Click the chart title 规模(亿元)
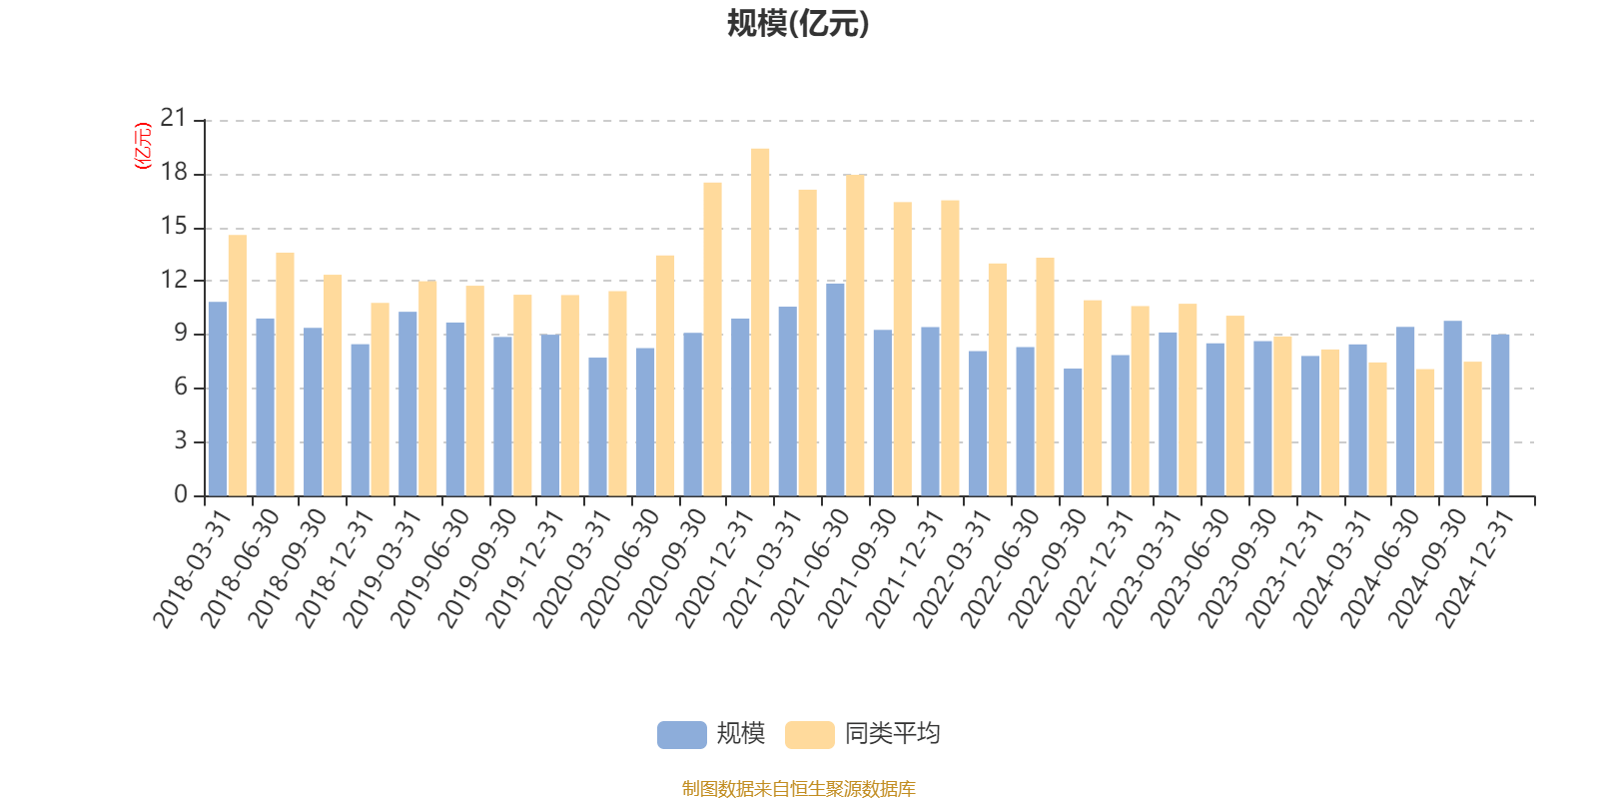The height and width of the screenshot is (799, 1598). pos(798,24)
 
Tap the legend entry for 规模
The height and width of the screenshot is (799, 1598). pos(711,734)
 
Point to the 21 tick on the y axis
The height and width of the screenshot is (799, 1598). pos(174,120)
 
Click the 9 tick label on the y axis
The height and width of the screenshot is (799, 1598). pos(180,334)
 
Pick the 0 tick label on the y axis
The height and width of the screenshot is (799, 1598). pos(180,495)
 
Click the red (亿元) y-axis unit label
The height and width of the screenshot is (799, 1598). pos(143,146)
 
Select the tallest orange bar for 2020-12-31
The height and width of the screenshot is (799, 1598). pos(760,322)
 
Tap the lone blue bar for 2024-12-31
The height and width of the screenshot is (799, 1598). pos(1500,414)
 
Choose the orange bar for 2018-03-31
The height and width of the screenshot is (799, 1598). pos(237,366)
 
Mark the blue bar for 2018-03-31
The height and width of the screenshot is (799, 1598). pos(217,399)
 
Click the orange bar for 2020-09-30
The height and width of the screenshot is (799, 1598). pos(712,339)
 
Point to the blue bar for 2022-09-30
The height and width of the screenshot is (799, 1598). pos(1073,432)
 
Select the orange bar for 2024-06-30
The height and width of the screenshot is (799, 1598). pos(1425,432)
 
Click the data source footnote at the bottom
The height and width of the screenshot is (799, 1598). pos(798,789)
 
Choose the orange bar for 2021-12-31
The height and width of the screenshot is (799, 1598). pos(950,348)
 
